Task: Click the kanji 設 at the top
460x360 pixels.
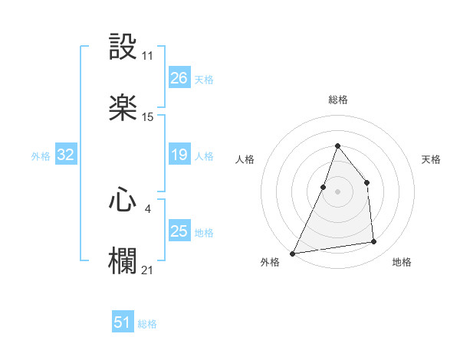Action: (123, 48)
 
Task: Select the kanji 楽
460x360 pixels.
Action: (123, 108)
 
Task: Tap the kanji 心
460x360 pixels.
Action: (123, 200)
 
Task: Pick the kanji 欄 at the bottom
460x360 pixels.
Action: (123, 261)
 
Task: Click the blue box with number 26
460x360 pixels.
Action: (179, 78)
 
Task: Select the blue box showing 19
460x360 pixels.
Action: (179, 155)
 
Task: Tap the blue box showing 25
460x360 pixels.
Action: (179, 231)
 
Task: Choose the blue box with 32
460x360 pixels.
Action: (66, 155)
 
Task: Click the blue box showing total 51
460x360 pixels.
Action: (123, 322)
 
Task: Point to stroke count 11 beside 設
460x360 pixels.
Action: (148, 56)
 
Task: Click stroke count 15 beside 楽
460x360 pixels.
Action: (148, 117)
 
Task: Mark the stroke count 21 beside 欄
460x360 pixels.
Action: (148, 270)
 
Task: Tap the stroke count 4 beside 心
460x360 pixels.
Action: (148, 208)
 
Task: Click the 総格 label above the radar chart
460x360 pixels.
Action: (337, 100)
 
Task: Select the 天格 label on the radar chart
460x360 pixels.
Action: (431, 159)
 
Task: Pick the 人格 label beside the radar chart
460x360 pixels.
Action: (245, 159)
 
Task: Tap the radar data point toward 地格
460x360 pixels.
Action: (374, 242)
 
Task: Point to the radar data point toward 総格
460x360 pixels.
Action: (337, 146)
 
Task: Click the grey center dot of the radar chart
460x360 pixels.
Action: (337, 191)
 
